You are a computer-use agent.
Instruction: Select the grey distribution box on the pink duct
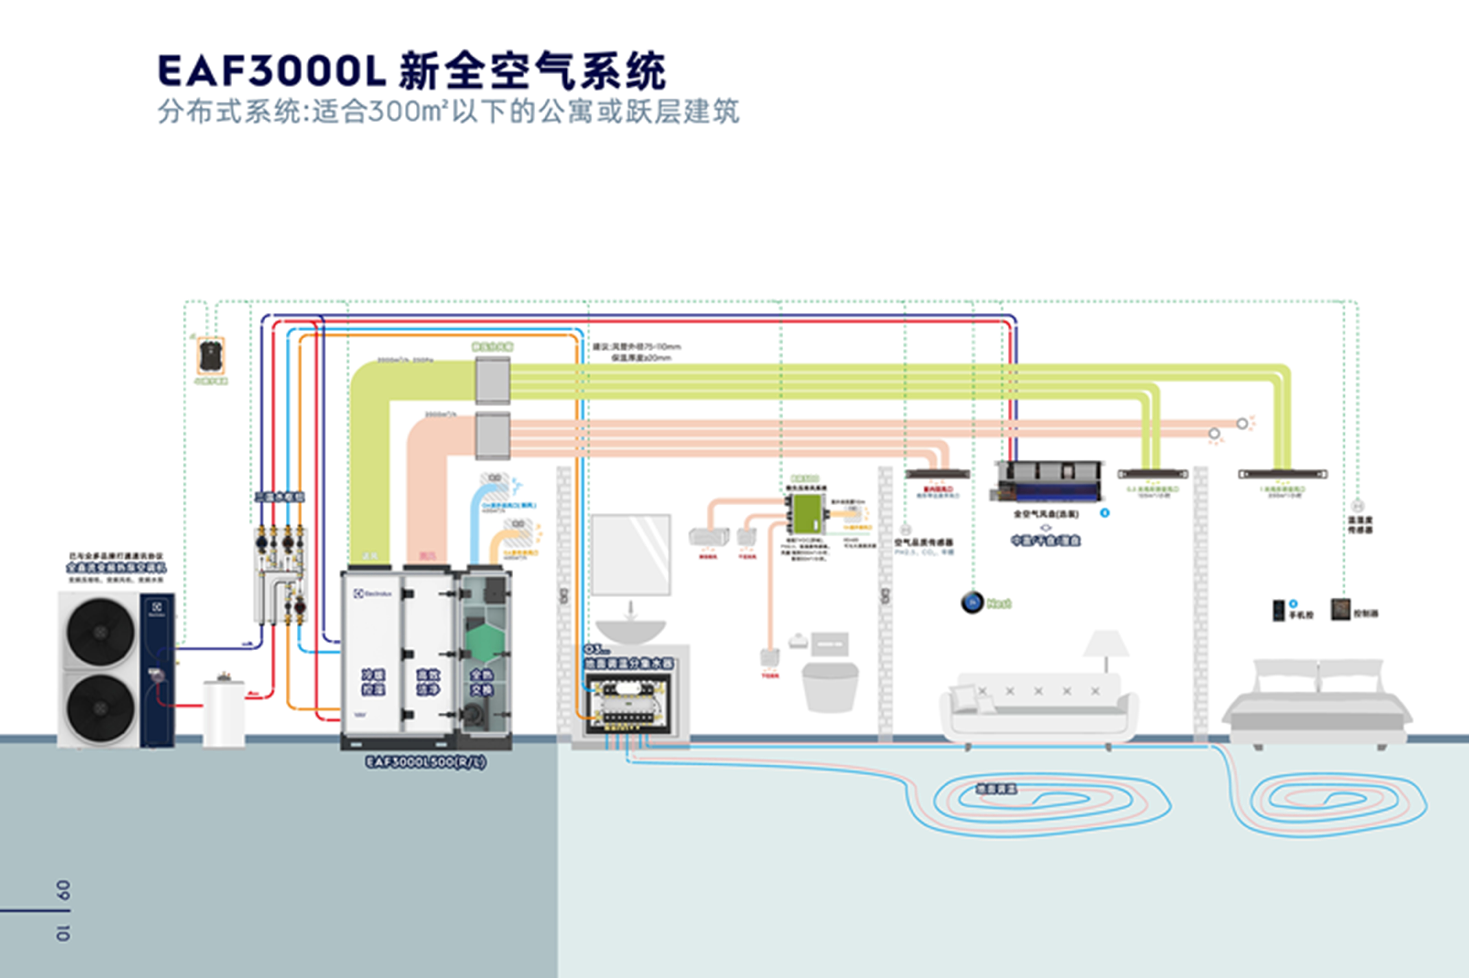point(492,436)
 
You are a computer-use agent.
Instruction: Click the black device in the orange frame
point(211,356)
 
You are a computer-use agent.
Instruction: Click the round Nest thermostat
point(972,602)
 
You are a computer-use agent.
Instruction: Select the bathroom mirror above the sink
point(631,555)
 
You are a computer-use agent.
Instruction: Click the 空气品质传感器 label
point(924,543)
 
